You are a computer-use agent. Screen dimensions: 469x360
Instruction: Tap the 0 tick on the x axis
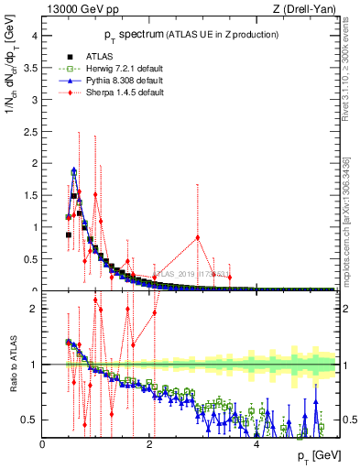pos(43,444)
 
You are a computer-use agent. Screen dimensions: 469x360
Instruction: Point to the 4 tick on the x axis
pos(256,444)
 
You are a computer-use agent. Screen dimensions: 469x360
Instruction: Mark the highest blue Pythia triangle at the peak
pos(73,170)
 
